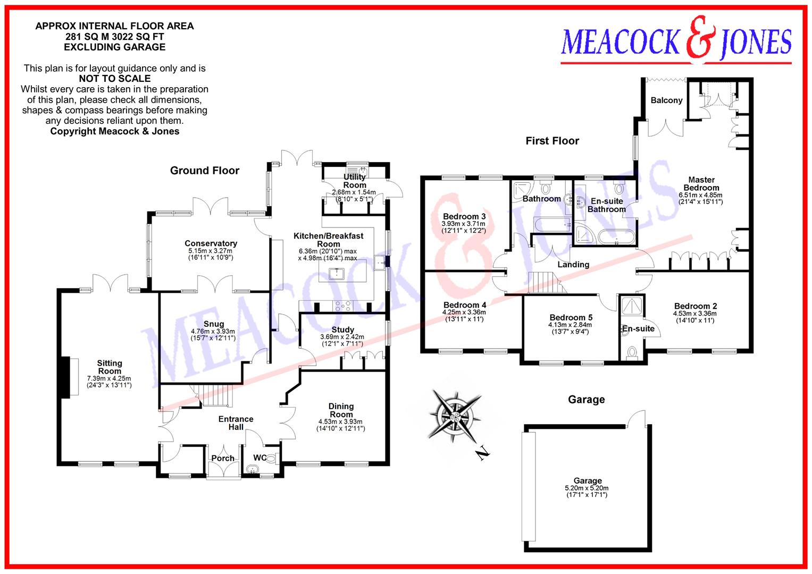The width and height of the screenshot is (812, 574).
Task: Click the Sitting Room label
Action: (109, 367)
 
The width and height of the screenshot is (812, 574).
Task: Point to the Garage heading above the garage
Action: (586, 400)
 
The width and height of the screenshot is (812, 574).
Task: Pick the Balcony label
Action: (666, 100)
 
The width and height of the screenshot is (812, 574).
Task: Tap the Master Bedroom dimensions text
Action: (701, 198)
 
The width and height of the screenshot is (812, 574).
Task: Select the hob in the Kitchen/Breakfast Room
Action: (342, 306)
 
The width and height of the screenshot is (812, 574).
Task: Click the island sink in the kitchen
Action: (337, 274)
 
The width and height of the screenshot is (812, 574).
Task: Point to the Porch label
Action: (223, 458)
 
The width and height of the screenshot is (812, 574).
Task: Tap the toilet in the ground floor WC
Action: (271, 459)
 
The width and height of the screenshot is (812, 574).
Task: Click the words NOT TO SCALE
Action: (114, 79)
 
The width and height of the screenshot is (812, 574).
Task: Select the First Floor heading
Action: (552, 141)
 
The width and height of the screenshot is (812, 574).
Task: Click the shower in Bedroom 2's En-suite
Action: (631, 306)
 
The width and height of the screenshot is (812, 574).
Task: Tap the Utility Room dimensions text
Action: (354, 196)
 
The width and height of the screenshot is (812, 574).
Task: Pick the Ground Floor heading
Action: (205, 171)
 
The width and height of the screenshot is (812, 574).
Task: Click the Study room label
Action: (342, 330)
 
